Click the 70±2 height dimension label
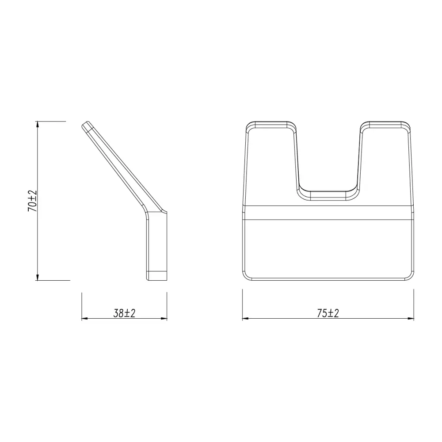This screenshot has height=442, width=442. click(x=32, y=201)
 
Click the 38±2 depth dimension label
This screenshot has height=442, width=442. click(x=124, y=313)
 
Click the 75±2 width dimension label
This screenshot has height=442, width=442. click(x=328, y=313)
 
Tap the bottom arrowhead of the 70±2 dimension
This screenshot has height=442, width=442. click(x=38, y=277)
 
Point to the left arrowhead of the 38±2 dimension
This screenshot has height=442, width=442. click(x=85, y=318)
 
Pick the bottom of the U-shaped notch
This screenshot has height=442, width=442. click(x=328, y=194)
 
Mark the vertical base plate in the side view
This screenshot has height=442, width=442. click(x=156, y=243)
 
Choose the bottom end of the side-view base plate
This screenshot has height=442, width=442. click(x=156, y=276)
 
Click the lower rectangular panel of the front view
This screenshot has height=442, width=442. click(x=328, y=248)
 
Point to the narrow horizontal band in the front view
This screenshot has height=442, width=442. click(x=328, y=213)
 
